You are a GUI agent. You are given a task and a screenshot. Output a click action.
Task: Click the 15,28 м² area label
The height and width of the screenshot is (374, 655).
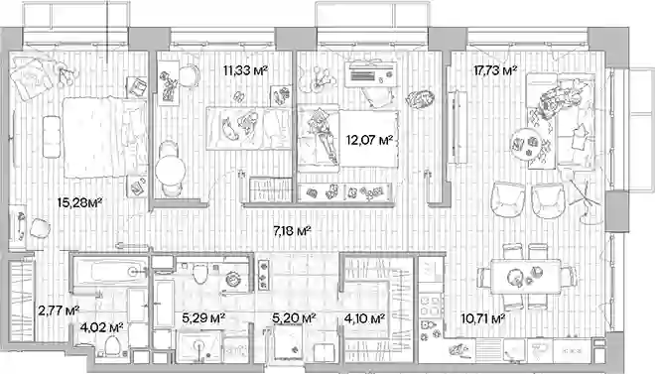(x=79, y=203)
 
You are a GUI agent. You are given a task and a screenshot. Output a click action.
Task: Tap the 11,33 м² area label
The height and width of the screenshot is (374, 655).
(x=245, y=70)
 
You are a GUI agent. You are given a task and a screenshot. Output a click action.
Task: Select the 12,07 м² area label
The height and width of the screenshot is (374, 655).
(x=369, y=140)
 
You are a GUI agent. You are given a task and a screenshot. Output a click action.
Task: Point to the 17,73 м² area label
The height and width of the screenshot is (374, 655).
(x=495, y=70)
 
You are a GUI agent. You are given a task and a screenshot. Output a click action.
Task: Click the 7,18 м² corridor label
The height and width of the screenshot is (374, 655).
(x=292, y=230)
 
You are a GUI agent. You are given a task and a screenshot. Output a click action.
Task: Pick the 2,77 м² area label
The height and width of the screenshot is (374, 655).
(x=59, y=311)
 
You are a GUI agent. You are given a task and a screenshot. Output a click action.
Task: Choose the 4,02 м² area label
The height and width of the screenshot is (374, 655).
(x=101, y=327)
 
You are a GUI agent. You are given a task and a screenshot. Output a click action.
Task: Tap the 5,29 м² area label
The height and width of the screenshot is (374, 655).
(x=203, y=318)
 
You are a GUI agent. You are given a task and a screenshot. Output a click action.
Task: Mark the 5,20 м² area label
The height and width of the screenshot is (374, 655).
(x=294, y=318)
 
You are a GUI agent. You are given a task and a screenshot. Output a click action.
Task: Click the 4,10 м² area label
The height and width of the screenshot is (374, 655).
(x=364, y=318)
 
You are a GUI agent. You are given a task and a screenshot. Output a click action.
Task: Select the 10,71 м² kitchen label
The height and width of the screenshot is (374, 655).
(x=483, y=318)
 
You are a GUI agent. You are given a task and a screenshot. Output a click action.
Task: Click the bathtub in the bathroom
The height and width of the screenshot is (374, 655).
(x=110, y=273)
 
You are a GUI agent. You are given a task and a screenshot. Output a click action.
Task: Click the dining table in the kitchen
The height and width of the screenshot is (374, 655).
(x=526, y=277)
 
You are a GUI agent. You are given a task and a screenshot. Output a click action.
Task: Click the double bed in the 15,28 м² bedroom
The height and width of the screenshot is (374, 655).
(x=105, y=137)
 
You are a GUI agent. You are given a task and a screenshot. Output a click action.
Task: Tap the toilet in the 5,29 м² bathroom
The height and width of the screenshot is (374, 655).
(x=200, y=273)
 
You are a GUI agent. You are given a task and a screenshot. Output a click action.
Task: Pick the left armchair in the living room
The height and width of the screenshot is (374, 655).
(x=508, y=199)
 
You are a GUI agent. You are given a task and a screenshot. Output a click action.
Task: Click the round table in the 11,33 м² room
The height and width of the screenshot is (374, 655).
(x=171, y=171)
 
